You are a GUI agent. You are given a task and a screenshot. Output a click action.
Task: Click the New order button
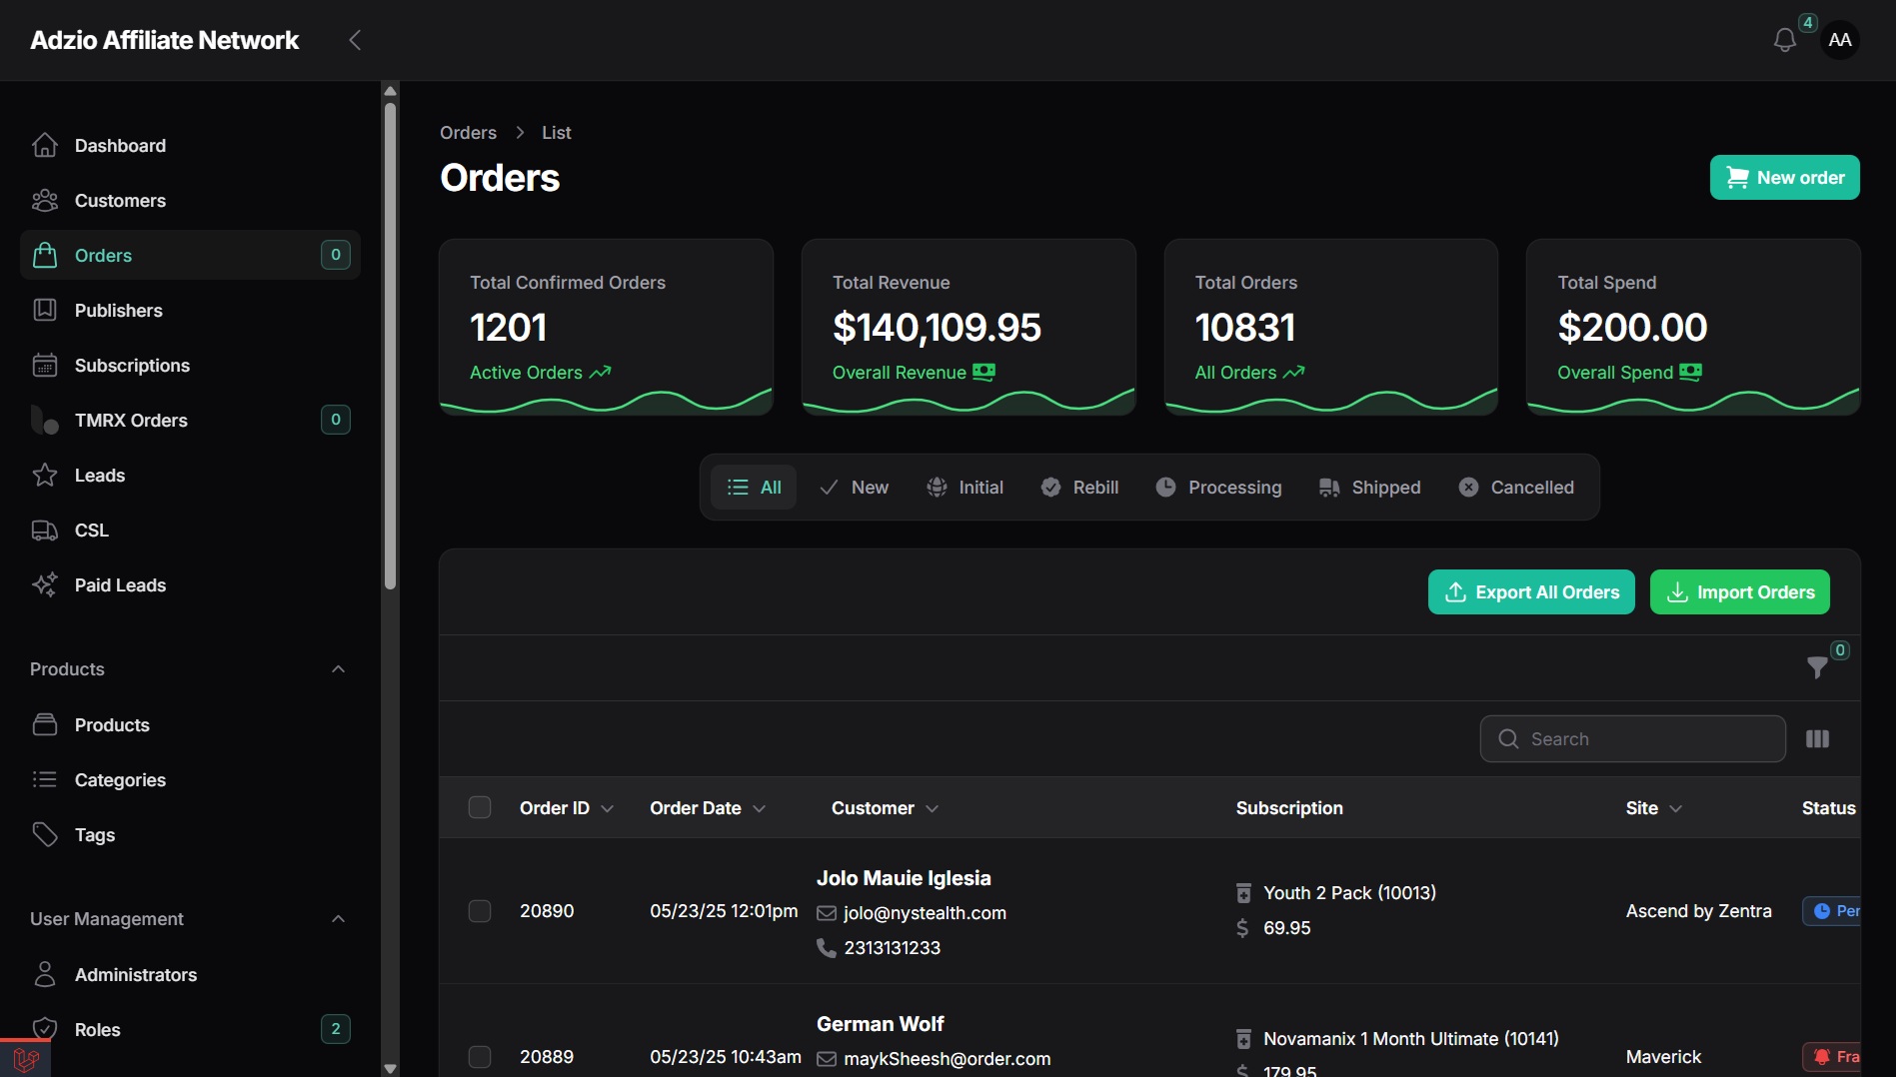[1784, 178]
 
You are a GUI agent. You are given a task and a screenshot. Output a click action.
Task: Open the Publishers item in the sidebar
[118, 311]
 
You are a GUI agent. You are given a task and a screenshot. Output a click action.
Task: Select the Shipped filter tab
[1369, 488]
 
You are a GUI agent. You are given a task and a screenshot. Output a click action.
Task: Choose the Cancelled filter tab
[1516, 488]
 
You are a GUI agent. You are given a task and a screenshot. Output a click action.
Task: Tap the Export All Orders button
[1531, 592]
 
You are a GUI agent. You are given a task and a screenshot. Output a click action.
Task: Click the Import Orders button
[1739, 592]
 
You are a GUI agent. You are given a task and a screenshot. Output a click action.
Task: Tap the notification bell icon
[1784, 40]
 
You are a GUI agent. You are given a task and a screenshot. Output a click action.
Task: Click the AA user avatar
[1839, 40]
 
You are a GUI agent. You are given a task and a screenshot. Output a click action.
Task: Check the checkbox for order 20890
[480, 911]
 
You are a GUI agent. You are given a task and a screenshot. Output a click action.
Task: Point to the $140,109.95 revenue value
[937, 328]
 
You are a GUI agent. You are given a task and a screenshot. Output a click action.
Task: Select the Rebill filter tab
[1079, 488]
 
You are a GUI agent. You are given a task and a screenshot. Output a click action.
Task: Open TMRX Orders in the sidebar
[131, 421]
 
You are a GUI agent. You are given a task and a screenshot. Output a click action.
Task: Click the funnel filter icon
[1817, 667]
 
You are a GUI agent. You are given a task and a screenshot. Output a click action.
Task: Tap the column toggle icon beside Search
[1817, 739]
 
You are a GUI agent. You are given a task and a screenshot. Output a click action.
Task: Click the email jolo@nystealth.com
[925, 913]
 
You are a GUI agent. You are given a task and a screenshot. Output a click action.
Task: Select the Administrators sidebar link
[136, 975]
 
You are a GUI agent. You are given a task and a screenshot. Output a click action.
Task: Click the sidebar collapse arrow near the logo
[354, 40]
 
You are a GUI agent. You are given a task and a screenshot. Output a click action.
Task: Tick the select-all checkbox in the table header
[480, 807]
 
